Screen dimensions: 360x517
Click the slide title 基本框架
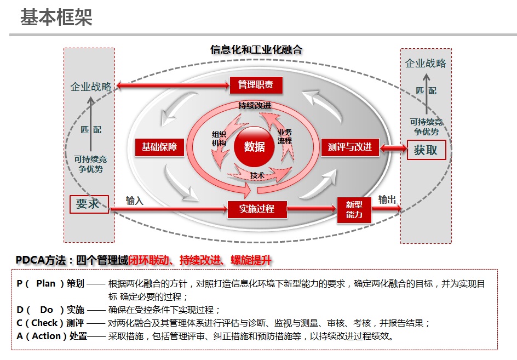coord(56,18)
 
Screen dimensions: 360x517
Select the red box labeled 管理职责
coord(256,84)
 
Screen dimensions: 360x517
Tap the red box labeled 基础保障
coord(159,147)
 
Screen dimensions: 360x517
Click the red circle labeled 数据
coord(255,146)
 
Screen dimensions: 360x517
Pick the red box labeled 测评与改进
coord(350,147)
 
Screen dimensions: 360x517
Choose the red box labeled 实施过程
coord(256,208)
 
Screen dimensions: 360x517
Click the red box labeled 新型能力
coord(354,209)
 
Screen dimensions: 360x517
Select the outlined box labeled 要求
coord(89,204)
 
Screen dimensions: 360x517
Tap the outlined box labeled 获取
coord(426,150)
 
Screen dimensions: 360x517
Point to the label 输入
coord(135,201)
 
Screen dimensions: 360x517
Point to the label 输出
coord(387,199)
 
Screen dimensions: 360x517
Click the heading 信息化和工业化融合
coord(256,50)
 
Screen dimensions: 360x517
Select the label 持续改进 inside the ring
coord(255,105)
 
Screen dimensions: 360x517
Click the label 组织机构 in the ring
coord(219,139)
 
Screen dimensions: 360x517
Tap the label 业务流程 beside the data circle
coord(285,136)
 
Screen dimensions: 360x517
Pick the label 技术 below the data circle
coord(257,175)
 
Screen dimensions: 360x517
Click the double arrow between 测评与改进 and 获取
coord(393,148)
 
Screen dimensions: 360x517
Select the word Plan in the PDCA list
coord(46,284)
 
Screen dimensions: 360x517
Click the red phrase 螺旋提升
coord(251,260)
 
